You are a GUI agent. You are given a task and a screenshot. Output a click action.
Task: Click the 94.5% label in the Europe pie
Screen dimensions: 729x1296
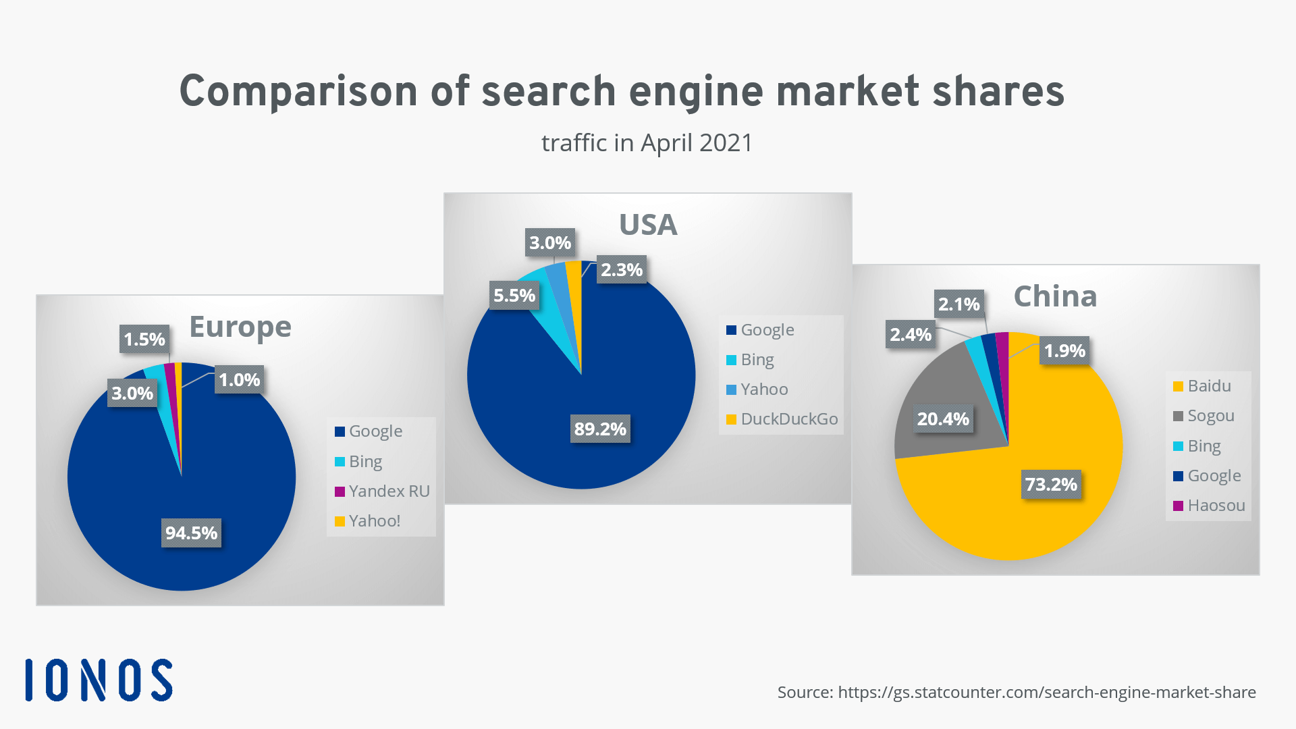click(x=191, y=533)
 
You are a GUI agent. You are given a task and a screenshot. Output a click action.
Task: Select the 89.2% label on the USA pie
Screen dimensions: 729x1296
click(x=600, y=429)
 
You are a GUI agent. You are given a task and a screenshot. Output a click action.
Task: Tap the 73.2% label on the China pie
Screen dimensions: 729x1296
click(x=1051, y=485)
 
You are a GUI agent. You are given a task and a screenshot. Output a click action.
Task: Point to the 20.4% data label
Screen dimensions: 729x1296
click(x=943, y=419)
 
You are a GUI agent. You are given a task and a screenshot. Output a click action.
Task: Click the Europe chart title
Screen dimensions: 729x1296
click(x=240, y=327)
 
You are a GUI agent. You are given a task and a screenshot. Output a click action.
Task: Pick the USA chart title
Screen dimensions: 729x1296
click(x=648, y=225)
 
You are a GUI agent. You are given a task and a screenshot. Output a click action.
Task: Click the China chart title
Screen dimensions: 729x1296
click(x=1055, y=296)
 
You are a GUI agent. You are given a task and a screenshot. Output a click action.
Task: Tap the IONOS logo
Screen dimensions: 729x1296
click(x=99, y=680)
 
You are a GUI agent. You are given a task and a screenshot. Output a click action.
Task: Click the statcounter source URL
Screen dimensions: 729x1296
click(x=1046, y=693)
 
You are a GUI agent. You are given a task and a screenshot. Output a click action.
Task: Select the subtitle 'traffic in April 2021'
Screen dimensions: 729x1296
click(x=647, y=143)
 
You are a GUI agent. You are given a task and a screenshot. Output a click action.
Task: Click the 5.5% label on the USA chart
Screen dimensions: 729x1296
click(x=514, y=296)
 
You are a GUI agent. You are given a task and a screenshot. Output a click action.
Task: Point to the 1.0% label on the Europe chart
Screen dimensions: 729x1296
click(x=239, y=380)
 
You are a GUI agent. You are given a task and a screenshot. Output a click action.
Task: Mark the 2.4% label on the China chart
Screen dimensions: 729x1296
click(x=910, y=335)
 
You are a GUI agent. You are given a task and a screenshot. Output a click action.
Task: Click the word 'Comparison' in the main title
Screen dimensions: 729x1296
click(x=298, y=92)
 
